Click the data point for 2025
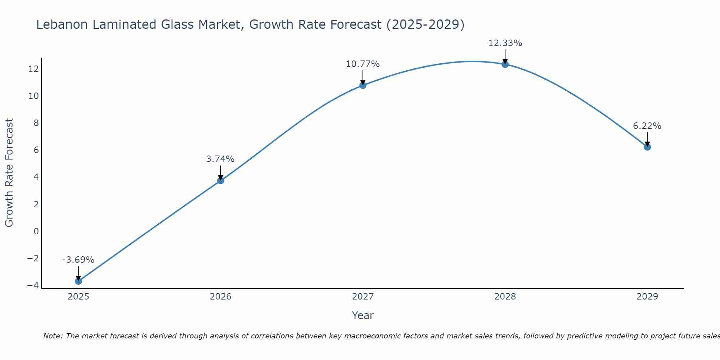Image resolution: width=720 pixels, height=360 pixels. pos(78,281)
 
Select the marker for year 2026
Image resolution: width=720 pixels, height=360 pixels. pos(221,180)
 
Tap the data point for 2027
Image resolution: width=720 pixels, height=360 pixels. pos(363,85)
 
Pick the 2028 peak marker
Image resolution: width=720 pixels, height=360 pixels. pos(505,64)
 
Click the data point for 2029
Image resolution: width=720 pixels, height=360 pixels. pos(647,147)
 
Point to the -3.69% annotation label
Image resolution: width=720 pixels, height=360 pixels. pos(78,260)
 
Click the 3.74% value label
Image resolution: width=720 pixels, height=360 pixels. pos(220,159)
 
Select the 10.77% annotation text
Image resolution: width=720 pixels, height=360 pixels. pos(363,64)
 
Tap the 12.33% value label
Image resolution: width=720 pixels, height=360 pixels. pos(505,43)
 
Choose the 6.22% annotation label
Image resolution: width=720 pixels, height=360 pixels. pos(647,126)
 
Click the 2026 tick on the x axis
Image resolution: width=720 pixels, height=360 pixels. pos(221,297)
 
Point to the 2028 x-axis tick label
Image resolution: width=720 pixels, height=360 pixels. pos(505,297)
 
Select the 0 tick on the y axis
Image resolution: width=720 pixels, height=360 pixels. pos(36,231)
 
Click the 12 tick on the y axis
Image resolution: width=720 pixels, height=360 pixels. pos(33,69)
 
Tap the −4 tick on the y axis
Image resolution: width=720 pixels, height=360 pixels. pos(33,285)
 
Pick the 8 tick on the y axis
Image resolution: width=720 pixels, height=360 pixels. pos(36,123)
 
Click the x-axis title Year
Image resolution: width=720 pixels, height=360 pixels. pos(363,315)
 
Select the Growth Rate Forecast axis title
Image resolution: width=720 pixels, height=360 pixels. pos(9,173)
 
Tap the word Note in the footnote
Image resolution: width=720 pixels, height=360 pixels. pos(53,336)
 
